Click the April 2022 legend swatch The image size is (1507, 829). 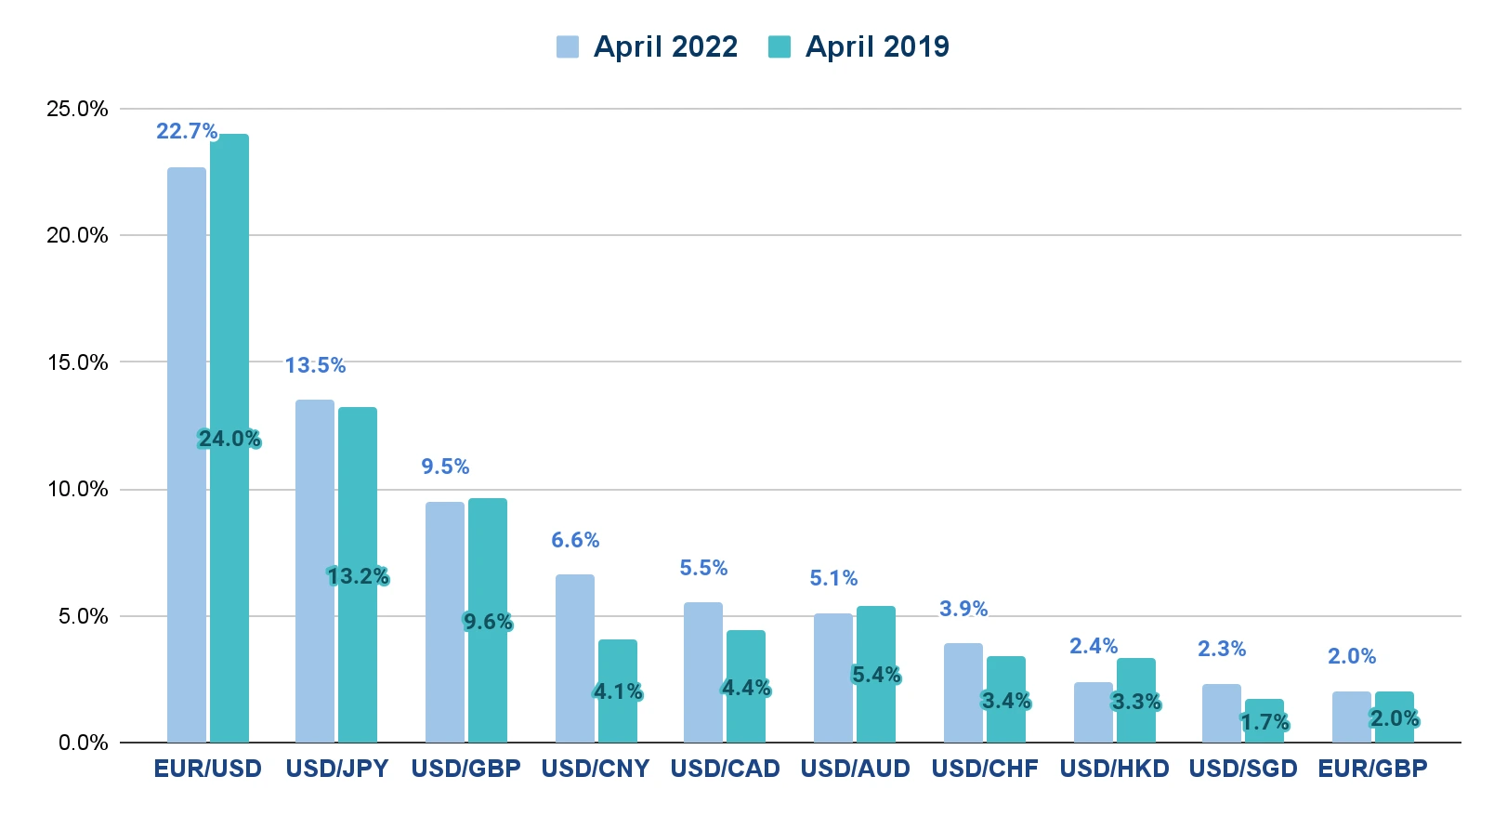[567, 46]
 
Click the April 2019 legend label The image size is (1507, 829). [876, 46]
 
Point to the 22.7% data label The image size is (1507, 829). [187, 131]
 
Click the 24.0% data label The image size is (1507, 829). [229, 439]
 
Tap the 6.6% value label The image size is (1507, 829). [575, 540]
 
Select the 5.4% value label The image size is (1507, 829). [876, 675]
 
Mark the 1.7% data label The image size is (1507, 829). [1265, 722]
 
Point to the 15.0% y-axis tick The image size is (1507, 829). [77, 362]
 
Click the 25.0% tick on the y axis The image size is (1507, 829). [77, 109]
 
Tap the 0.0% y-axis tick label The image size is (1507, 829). [83, 743]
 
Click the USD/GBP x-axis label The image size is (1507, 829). [465, 769]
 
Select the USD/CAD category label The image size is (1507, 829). [725, 769]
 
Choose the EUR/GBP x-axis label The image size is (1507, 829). [1372, 769]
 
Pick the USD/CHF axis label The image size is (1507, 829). [984, 769]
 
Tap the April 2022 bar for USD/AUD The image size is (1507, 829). [833, 678]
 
